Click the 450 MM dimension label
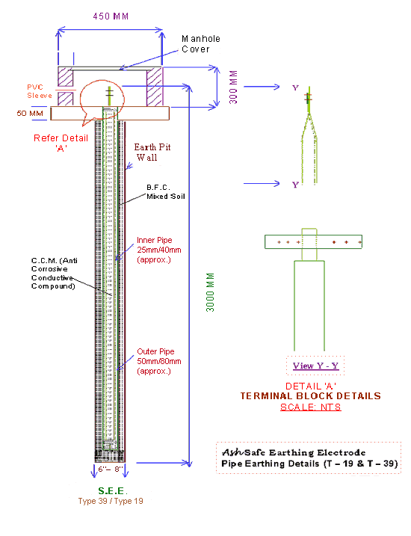tap(111, 16)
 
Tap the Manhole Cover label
tap(200, 44)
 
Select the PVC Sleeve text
tap(40, 91)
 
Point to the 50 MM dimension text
tap(30, 113)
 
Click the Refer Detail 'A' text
tap(61, 143)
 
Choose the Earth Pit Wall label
tap(152, 152)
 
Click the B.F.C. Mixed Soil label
tap(166, 192)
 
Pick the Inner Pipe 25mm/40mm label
tap(159, 250)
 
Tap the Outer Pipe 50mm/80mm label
tap(159, 361)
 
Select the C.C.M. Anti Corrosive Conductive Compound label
tap(55, 274)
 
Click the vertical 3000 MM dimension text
tap(211, 292)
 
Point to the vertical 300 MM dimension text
tap(233, 87)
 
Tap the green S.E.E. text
tap(112, 491)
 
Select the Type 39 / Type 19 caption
tap(111, 501)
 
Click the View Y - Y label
tap(315, 366)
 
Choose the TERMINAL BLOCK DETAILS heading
tap(311, 396)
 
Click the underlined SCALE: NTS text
tap(311, 407)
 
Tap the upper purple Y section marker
tap(295, 88)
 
